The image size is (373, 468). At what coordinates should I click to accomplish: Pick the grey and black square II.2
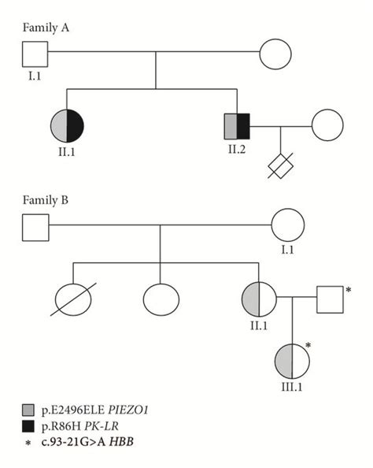tap(237, 125)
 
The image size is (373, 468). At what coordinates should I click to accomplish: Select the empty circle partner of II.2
tap(327, 125)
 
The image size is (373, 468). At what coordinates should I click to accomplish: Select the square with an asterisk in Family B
tap(331, 299)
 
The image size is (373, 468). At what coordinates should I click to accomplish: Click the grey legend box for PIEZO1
tap(29, 410)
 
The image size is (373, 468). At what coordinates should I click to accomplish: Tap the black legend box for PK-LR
tap(29, 427)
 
